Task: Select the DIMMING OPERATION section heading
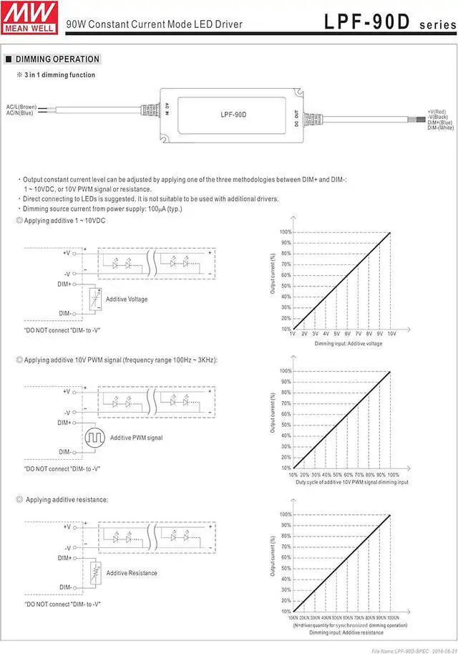pos(57,59)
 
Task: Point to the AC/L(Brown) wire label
pos(21,107)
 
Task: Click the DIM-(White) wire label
pos(440,128)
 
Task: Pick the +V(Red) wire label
pos(437,112)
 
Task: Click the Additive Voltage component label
pos(127,299)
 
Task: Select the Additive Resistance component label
pos(132,573)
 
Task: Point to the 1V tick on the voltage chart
pos(293,334)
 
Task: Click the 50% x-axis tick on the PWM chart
pos(337,474)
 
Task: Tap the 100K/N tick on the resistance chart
pos(393,617)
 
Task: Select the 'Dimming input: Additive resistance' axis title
pos(346,633)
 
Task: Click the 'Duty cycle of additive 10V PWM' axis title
pos(352,483)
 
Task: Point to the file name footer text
pos(413,649)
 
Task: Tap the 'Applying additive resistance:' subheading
pos(67,499)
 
